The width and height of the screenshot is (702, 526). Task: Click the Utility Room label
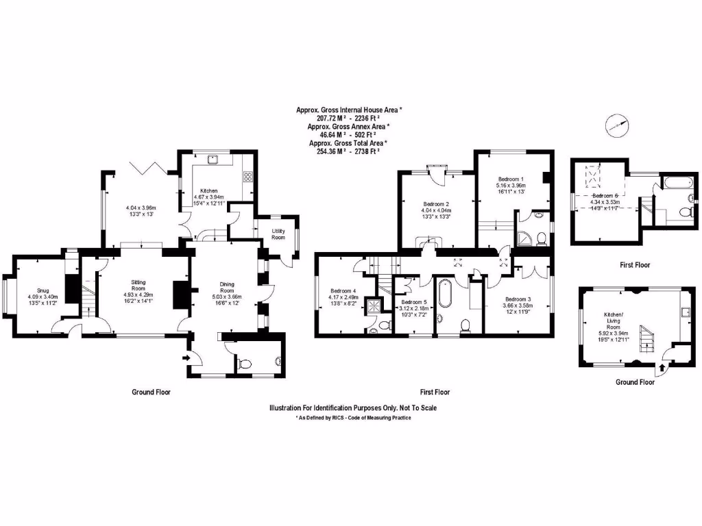pos(278,233)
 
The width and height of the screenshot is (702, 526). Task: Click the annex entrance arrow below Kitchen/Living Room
pos(661,370)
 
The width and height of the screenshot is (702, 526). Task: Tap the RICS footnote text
pos(353,417)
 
